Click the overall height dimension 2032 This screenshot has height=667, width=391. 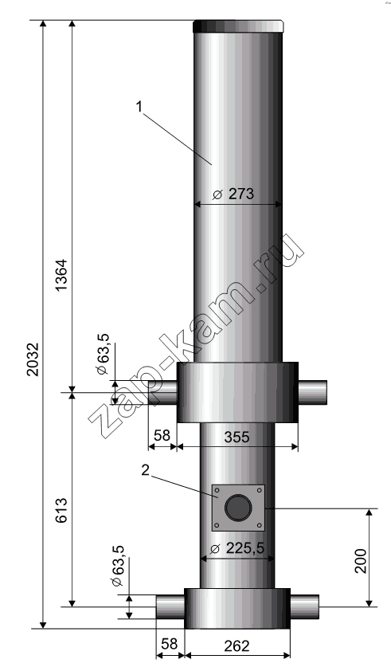(33, 359)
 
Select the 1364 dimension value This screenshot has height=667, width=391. (61, 274)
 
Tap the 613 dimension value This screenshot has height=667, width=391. (61, 510)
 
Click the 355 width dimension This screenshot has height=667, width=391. (237, 437)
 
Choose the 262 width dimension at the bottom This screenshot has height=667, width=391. (237, 645)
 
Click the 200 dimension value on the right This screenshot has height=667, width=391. (361, 561)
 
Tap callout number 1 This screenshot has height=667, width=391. (139, 106)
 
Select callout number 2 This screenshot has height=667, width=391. (146, 470)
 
